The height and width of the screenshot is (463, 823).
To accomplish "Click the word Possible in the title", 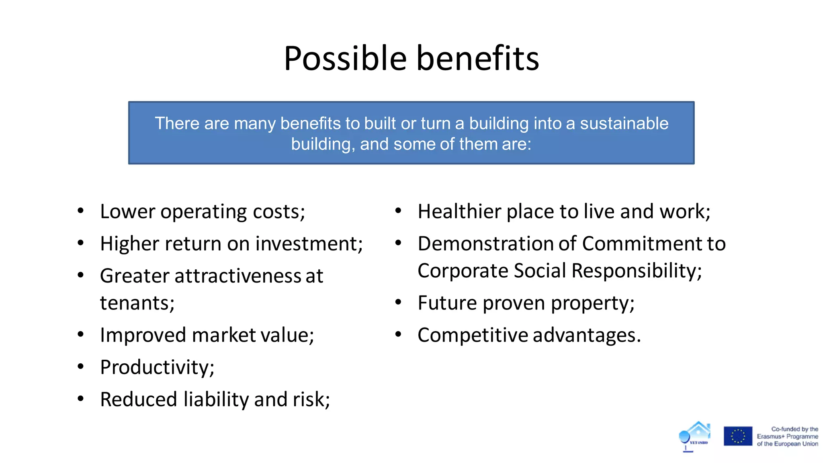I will point(345,59).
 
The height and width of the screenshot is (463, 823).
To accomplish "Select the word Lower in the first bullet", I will point(127,211).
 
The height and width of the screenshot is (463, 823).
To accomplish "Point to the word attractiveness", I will point(237,276).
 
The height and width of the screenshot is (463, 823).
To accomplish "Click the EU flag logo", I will point(738,436).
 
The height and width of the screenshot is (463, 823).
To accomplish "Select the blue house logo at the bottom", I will point(695,436).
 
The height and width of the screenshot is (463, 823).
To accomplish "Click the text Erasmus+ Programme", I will point(787,436).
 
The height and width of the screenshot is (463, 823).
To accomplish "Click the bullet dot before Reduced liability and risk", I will point(81,399).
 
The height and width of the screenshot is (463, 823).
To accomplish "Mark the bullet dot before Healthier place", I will point(398,211).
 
